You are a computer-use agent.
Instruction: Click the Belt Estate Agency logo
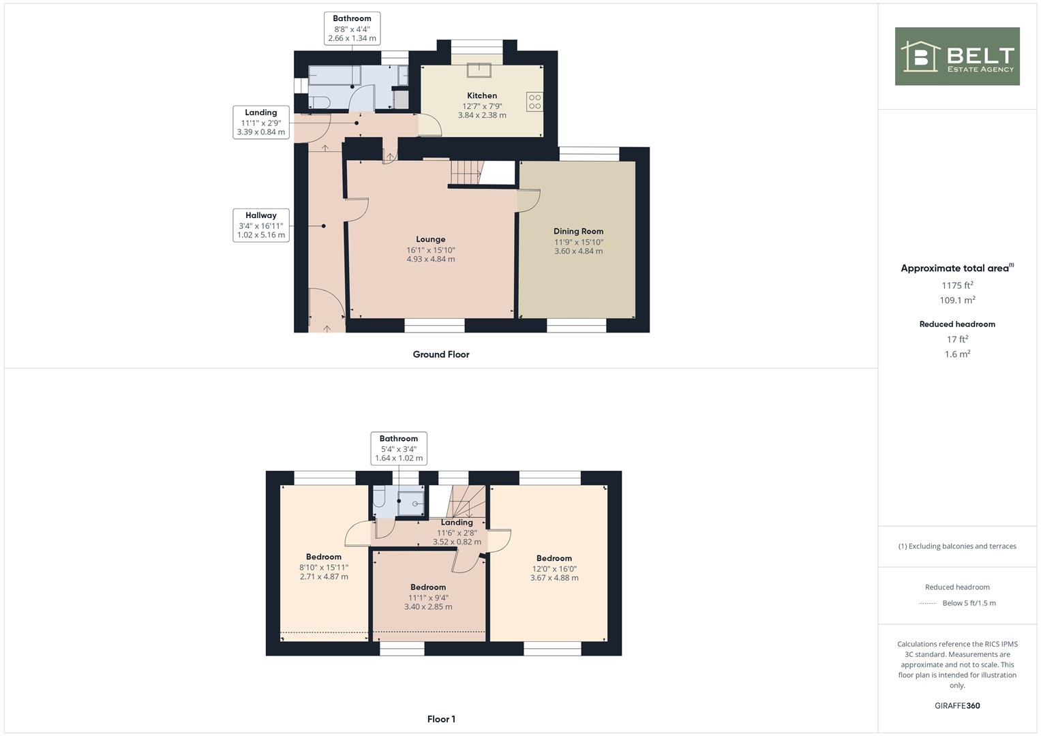[956, 56]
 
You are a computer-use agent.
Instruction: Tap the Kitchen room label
[482, 95]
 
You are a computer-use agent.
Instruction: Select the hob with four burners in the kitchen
[534, 102]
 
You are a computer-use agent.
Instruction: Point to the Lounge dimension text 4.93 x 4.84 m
[431, 259]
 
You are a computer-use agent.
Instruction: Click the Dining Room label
[578, 231]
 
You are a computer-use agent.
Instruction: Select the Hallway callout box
[260, 225]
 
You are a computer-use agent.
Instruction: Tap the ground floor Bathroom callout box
[352, 29]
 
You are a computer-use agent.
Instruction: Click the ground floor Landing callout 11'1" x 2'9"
[260, 122]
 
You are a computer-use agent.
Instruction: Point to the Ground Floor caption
[440, 354]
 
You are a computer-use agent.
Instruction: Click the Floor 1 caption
[441, 719]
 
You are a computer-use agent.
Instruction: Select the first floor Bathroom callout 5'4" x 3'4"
[399, 448]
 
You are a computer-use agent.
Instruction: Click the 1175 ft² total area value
[957, 286]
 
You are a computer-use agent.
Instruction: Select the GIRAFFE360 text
[957, 705]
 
